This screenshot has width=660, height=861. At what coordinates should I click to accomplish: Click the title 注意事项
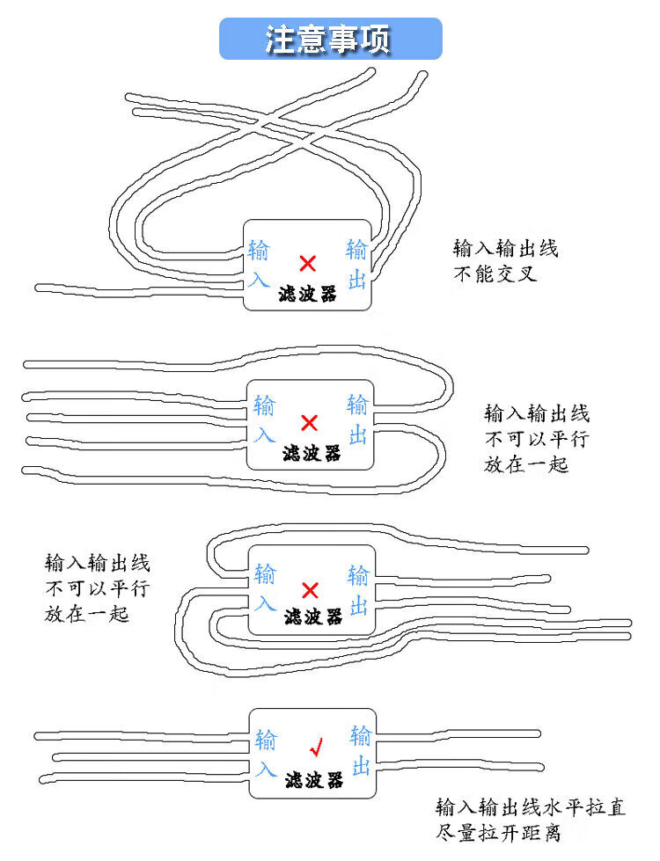click(330, 40)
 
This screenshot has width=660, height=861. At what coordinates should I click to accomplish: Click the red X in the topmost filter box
click(307, 263)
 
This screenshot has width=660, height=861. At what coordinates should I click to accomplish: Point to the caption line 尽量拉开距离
click(498, 833)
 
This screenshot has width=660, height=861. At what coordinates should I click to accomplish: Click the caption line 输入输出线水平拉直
click(531, 807)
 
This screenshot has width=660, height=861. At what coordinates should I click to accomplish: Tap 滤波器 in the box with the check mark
click(313, 780)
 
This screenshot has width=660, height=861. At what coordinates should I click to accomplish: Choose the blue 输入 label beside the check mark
click(265, 753)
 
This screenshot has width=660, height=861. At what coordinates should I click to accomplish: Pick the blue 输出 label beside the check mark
click(360, 750)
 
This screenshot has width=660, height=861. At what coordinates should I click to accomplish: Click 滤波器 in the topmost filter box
click(306, 294)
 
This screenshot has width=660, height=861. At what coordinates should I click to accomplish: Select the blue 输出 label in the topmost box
click(356, 265)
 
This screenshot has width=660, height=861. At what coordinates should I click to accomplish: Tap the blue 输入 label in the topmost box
click(259, 264)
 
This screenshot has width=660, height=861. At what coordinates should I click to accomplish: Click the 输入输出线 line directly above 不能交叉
click(505, 249)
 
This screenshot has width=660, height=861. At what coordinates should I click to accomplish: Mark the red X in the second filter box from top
click(309, 423)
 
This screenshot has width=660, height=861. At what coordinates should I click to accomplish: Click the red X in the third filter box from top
click(310, 589)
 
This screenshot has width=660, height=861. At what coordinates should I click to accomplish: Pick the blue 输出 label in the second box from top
click(357, 420)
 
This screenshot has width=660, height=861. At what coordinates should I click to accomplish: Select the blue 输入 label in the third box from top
click(265, 588)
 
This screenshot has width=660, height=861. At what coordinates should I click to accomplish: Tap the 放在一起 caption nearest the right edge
click(526, 463)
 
